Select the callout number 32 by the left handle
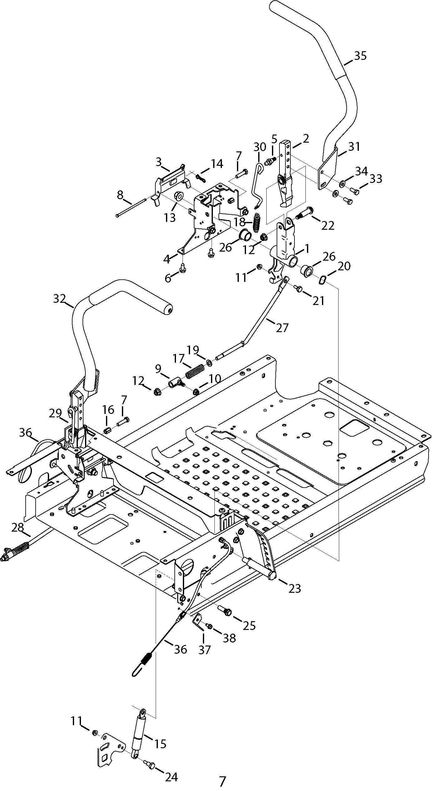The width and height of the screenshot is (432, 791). point(59,299)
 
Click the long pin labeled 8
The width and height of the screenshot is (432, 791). point(131,207)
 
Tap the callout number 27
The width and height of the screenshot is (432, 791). point(282,328)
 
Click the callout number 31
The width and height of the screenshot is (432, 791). point(354,146)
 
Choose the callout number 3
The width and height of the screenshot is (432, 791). point(159,162)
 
